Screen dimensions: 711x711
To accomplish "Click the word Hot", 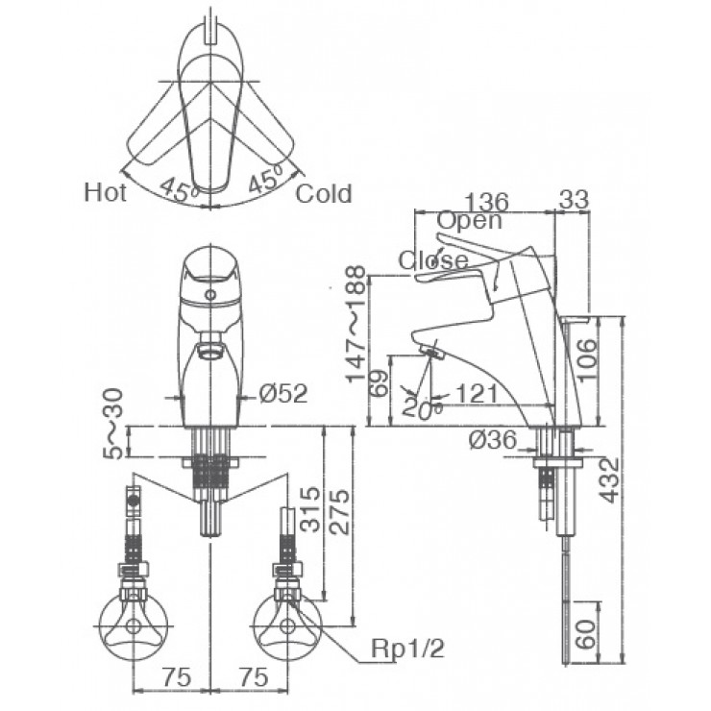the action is click(x=105, y=192).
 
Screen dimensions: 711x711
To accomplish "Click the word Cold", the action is click(x=324, y=194).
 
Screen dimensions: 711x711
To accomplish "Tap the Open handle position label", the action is click(x=470, y=221).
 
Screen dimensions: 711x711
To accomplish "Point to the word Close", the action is click(x=433, y=260).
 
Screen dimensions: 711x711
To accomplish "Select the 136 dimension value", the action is click(x=487, y=202).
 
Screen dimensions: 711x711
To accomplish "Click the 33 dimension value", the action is click(x=574, y=200).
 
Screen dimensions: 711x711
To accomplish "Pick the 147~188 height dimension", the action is click(x=355, y=324).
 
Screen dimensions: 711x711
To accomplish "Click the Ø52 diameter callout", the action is click(x=283, y=393).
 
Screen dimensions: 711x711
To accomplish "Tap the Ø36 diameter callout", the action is click(x=493, y=439).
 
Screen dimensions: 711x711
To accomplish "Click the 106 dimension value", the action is click(x=587, y=360).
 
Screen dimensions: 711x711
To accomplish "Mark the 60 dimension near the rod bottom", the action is click(x=587, y=635).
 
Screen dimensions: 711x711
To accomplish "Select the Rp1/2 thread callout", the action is click(x=407, y=649).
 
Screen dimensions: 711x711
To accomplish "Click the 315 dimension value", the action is click(x=311, y=509).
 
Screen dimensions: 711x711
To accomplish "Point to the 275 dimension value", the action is click(x=340, y=511).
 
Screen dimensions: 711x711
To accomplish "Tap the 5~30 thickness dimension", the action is click(x=113, y=424).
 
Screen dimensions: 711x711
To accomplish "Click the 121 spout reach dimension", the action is click(x=477, y=394).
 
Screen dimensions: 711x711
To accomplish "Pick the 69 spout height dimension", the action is click(x=380, y=383).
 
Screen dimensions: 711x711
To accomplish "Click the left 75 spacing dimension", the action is click(x=177, y=678).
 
